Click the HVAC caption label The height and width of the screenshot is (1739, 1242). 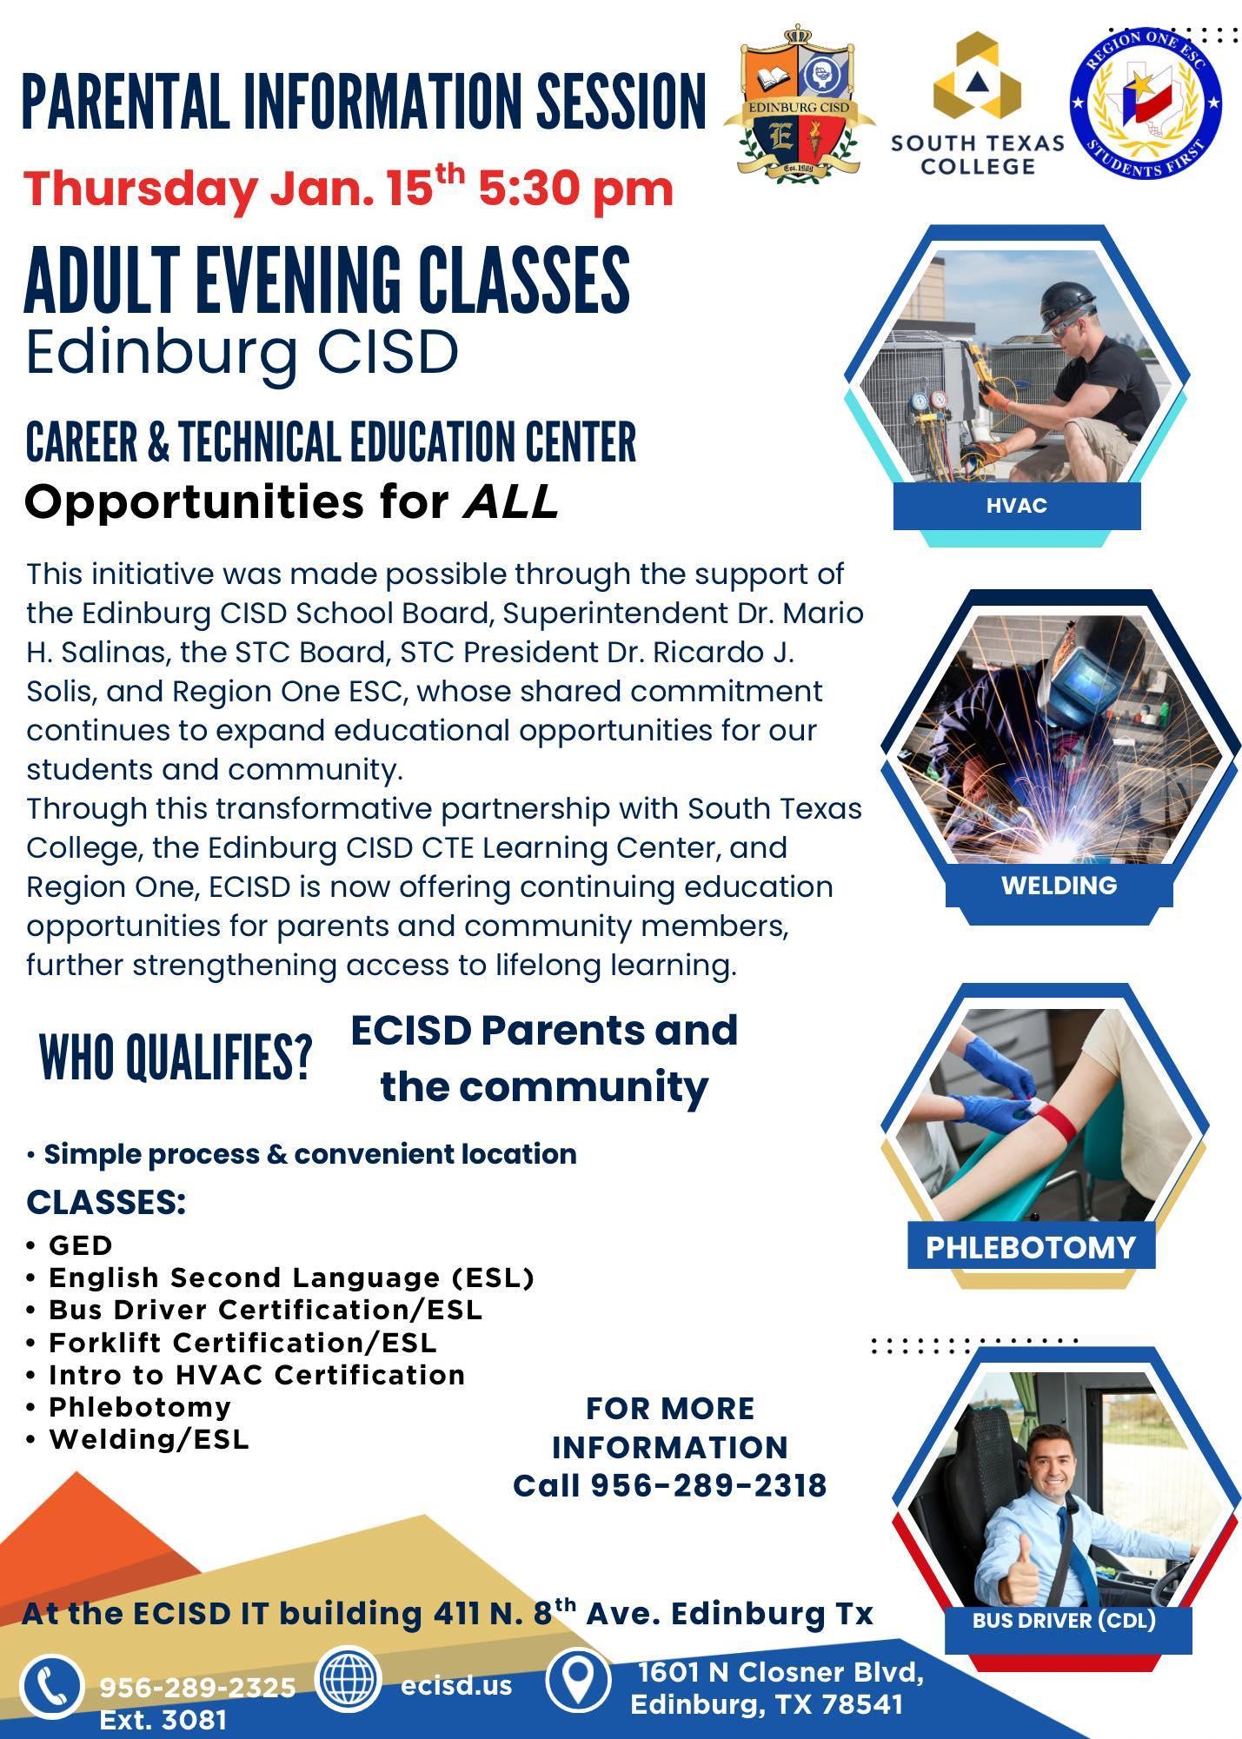click(1016, 506)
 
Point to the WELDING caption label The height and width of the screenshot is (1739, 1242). click(1059, 886)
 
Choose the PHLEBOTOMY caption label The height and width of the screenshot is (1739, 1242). click(1031, 1247)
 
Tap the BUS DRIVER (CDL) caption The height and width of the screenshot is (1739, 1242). click(1064, 1620)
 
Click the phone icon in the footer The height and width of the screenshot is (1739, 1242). click(52, 1687)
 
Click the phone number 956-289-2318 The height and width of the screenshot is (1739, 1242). click(708, 1485)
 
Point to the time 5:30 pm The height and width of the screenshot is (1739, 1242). click(576, 189)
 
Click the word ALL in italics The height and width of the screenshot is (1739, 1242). click(510, 502)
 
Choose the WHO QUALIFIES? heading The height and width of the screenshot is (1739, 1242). click(176, 1059)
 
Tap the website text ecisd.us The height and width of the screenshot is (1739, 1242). click(456, 1684)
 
